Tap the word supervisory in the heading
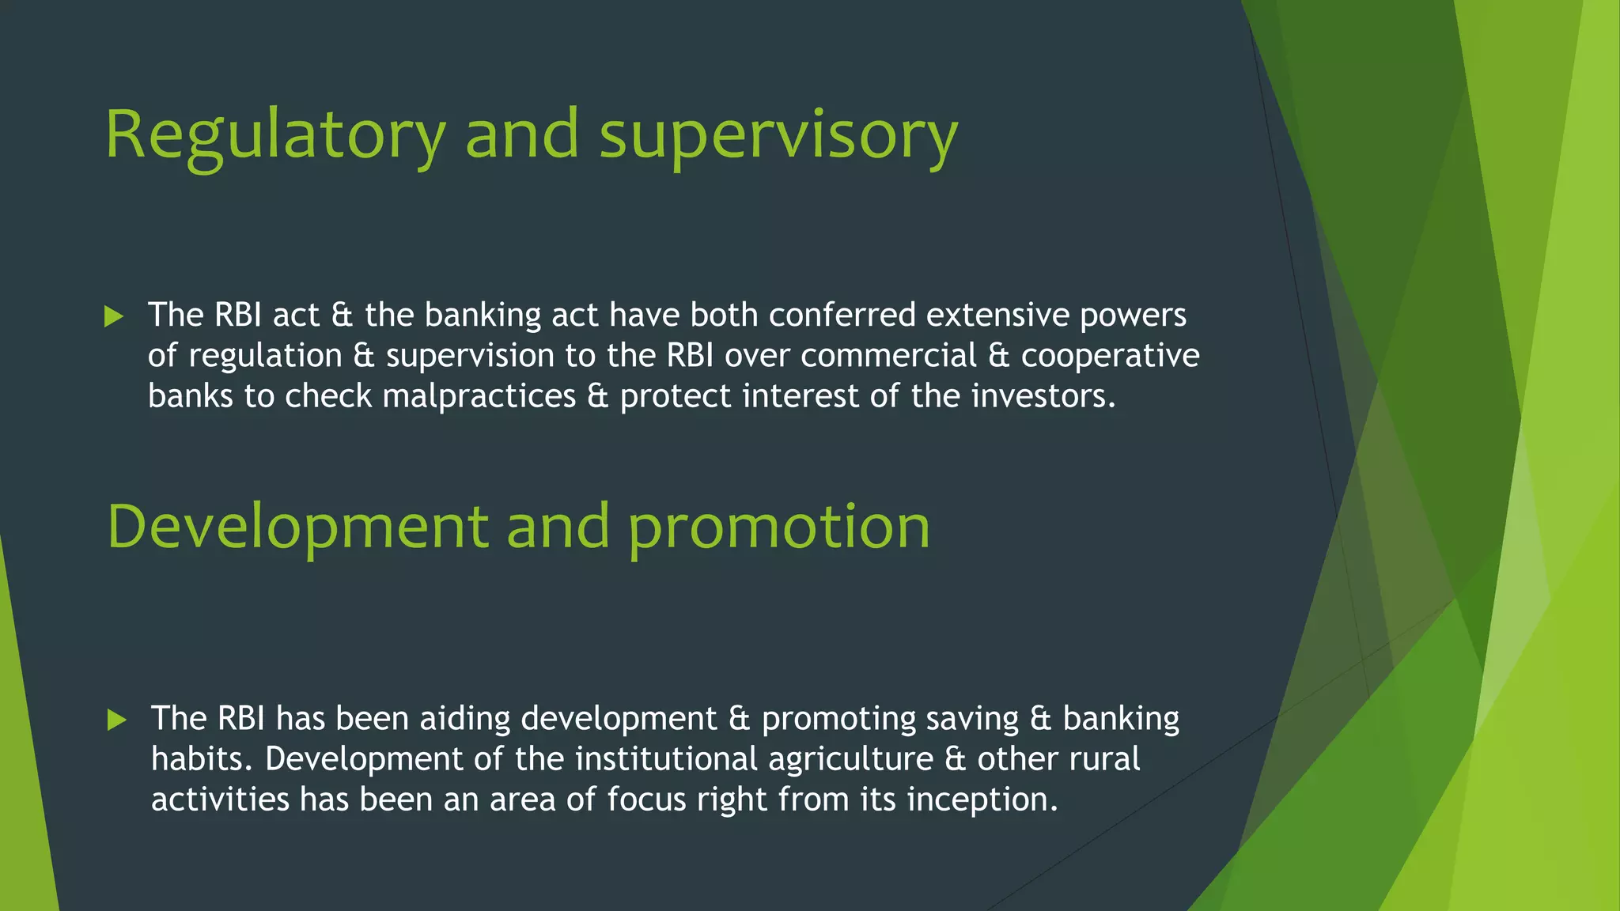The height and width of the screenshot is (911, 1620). point(778,136)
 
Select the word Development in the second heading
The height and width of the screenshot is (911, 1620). point(297,527)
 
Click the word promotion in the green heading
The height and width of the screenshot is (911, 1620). point(779,527)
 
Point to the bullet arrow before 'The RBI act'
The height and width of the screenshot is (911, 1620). point(114,317)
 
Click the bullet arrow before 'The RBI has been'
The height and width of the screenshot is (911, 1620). point(116,720)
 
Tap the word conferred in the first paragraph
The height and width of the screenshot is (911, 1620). point(842,315)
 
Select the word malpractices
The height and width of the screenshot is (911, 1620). point(479,395)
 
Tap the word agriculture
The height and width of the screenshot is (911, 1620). point(850,759)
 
